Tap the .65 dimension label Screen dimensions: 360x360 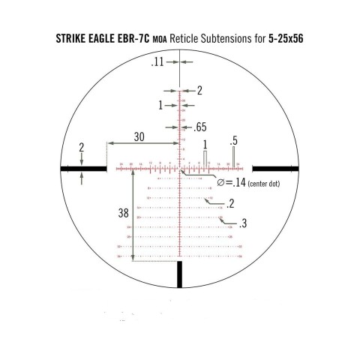201,127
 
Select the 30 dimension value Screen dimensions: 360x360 139,137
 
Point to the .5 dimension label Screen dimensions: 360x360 234,140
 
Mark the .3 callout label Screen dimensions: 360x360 244,223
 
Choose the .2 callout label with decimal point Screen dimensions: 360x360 229,203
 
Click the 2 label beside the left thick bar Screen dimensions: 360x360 82,147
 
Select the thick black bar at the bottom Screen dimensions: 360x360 179,274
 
